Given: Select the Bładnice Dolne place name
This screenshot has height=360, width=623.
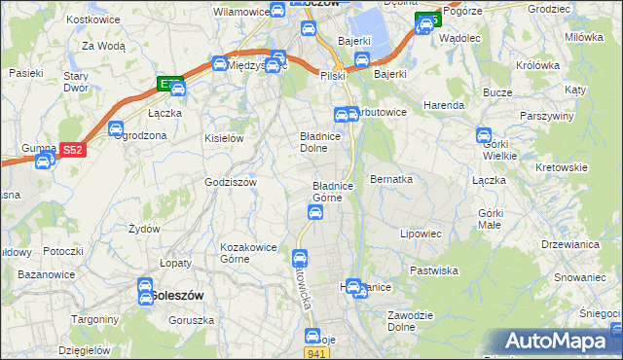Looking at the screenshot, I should (319, 143).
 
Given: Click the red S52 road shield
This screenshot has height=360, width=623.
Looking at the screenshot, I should (72, 150).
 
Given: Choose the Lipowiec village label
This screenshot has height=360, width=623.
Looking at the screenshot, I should (421, 234).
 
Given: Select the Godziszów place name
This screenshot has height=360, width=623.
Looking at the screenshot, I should (230, 182).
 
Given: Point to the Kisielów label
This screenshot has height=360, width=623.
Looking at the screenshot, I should (223, 138).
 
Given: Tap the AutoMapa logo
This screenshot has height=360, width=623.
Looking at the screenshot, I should (559, 342).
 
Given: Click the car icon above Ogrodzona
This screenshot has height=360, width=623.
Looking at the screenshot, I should (116, 127).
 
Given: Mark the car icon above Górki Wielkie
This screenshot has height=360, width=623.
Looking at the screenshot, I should (484, 135).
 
